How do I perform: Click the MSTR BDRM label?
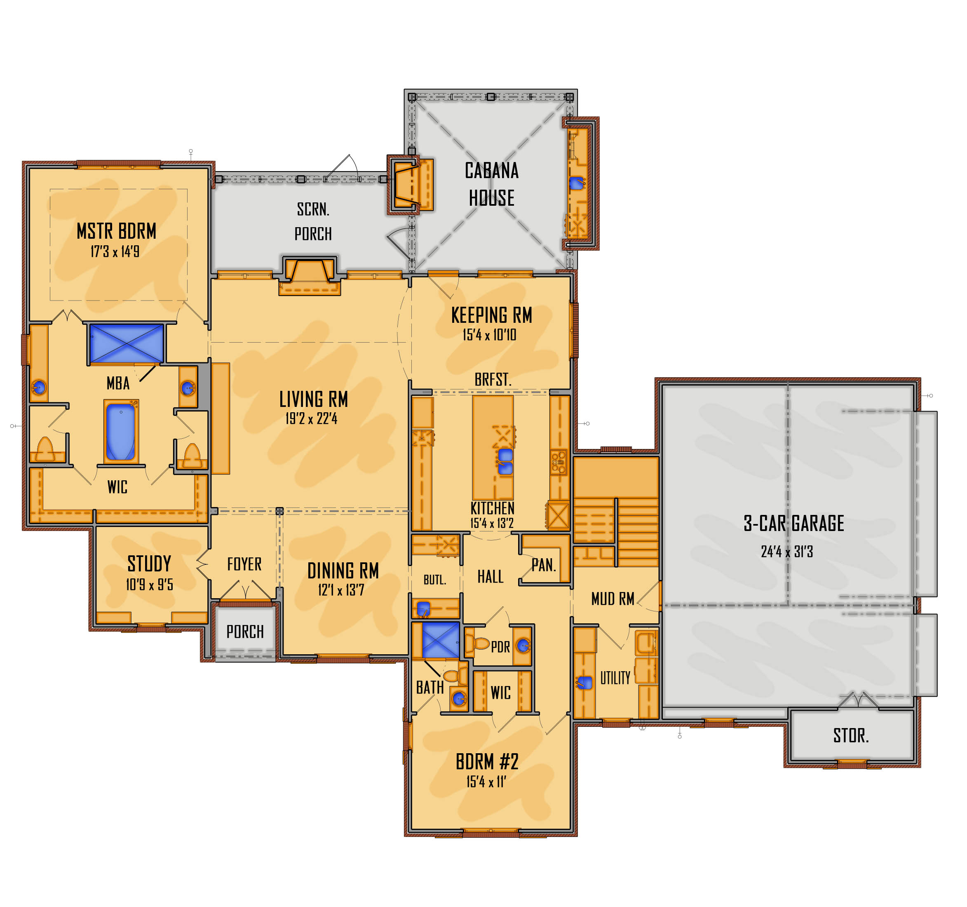tap(116, 231)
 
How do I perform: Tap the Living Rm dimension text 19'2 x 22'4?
tap(311, 418)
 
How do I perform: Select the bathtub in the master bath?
tap(121, 432)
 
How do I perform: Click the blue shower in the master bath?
tap(127, 343)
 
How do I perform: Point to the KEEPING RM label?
tap(492, 315)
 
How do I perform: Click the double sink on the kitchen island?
tap(505, 461)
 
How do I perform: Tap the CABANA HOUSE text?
tap(492, 184)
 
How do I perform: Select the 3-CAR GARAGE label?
tap(794, 524)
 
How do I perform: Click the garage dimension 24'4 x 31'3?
tap(787, 552)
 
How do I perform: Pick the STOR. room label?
tap(851, 736)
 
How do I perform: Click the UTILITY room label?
tap(615, 678)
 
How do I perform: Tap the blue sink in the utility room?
tap(584, 683)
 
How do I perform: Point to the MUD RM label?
tap(613, 599)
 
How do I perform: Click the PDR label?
tap(500, 647)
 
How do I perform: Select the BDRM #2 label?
tap(487, 762)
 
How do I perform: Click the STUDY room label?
tap(149, 564)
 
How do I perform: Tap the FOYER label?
tap(244, 564)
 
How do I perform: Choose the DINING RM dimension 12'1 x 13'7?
tap(341, 590)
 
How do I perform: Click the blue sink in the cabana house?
tap(576, 183)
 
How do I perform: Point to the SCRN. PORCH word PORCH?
tap(313, 234)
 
